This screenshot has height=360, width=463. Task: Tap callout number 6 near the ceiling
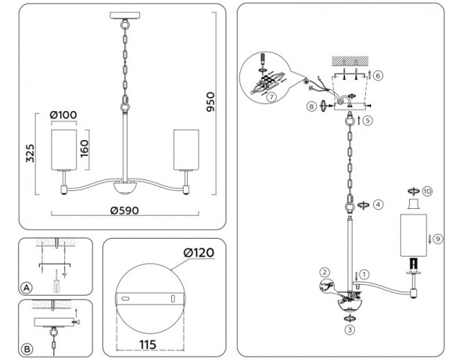pos(378,76)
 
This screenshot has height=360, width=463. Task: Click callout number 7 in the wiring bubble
pos(271,97)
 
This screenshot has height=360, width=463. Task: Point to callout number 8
pos(312,106)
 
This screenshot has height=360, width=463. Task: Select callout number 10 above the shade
pos(427,191)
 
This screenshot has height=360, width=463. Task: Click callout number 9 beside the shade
pos(438,238)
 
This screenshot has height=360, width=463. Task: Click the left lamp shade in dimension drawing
pos(63,148)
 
